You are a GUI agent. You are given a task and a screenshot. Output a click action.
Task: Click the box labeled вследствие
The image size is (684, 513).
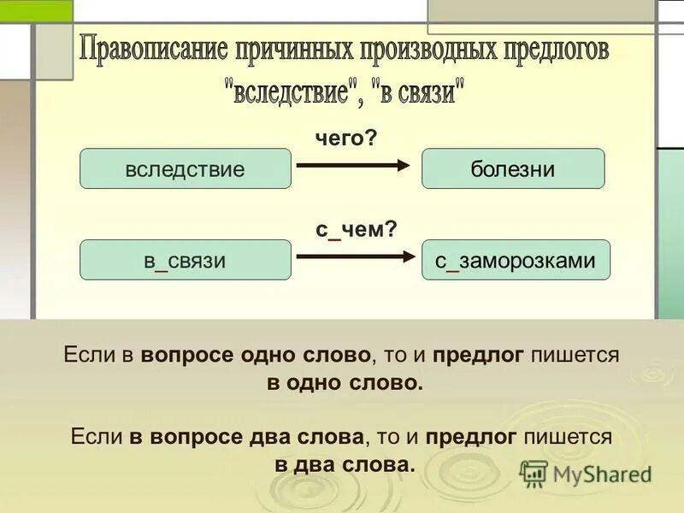coord(186,168)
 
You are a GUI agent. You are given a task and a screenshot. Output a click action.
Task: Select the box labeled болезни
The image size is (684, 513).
coord(513,168)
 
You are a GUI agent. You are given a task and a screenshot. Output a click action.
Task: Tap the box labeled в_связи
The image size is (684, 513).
coord(186,260)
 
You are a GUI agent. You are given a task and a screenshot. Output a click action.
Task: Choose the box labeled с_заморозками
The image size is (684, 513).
coord(516,260)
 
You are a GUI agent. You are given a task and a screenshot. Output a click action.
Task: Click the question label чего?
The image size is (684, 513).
coord(345,137)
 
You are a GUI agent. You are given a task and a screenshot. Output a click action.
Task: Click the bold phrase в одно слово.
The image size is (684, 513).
coord(345,382)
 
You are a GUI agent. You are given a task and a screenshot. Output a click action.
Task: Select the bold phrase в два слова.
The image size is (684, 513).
coord(345,464)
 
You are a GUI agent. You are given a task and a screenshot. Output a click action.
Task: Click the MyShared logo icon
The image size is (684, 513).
coord(534,473)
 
